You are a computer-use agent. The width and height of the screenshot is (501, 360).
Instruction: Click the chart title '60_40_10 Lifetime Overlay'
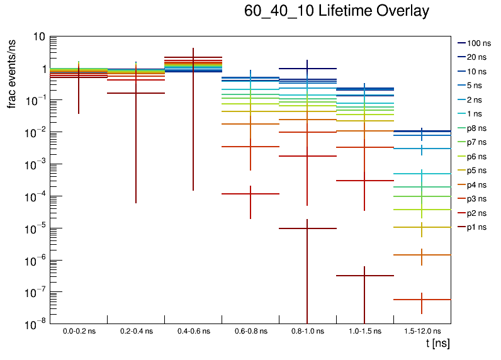click(337, 11)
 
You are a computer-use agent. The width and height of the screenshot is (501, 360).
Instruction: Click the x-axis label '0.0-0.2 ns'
click(79, 331)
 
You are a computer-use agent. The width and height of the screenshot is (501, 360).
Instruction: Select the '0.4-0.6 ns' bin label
click(193, 331)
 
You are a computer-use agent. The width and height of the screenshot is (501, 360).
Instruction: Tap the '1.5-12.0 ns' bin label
click(422, 331)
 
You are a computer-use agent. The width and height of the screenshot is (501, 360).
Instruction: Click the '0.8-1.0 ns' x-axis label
click(307, 331)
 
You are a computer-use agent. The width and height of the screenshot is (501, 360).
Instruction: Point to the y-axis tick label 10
click(38, 37)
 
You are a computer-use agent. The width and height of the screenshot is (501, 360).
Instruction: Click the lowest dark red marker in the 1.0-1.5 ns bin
click(364, 276)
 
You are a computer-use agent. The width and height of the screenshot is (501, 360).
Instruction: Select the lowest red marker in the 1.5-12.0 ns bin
click(422, 300)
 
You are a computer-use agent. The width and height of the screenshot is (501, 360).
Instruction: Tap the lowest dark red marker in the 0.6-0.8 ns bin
click(250, 194)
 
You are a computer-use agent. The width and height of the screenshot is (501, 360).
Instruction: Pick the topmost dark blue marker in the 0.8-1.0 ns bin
click(307, 69)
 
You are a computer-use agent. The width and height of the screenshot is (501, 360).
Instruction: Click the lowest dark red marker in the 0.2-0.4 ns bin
click(136, 93)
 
